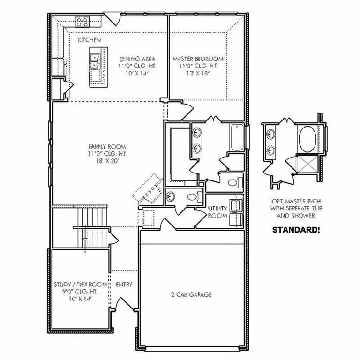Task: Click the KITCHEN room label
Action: coord(90,40)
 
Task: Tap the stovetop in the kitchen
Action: coord(82,22)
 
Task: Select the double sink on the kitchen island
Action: coord(94,61)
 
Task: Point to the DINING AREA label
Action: coord(137,59)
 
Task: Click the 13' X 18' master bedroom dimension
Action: coord(198,74)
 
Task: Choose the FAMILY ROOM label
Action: coord(107,146)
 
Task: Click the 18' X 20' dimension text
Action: coord(107,161)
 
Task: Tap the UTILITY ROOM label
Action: coord(217,212)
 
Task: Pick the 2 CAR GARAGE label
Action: coord(191,294)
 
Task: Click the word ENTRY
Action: coord(124,285)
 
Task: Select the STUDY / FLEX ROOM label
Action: coord(80,285)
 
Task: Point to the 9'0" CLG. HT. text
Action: coord(80,292)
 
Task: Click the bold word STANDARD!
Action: coord(296,230)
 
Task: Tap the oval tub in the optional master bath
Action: coord(307,139)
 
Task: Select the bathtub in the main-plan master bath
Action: coord(236,137)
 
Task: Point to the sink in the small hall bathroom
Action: coord(171,196)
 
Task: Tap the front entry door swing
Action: coord(125,304)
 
